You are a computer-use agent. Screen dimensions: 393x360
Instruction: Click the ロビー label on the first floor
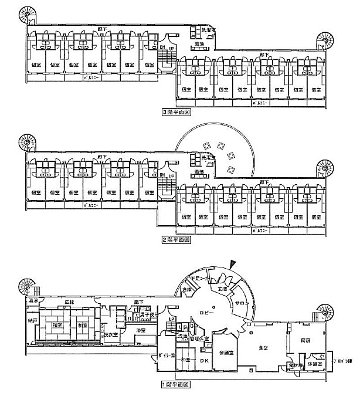(x=203, y=313)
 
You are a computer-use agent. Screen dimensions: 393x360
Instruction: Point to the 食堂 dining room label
(x=263, y=348)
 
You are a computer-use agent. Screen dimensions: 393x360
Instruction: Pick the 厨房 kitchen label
(x=305, y=340)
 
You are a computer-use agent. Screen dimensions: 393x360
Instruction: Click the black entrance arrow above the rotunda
(x=235, y=265)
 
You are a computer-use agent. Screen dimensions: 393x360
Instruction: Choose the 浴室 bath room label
(x=142, y=330)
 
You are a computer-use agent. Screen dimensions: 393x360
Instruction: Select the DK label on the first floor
(x=205, y=360)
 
